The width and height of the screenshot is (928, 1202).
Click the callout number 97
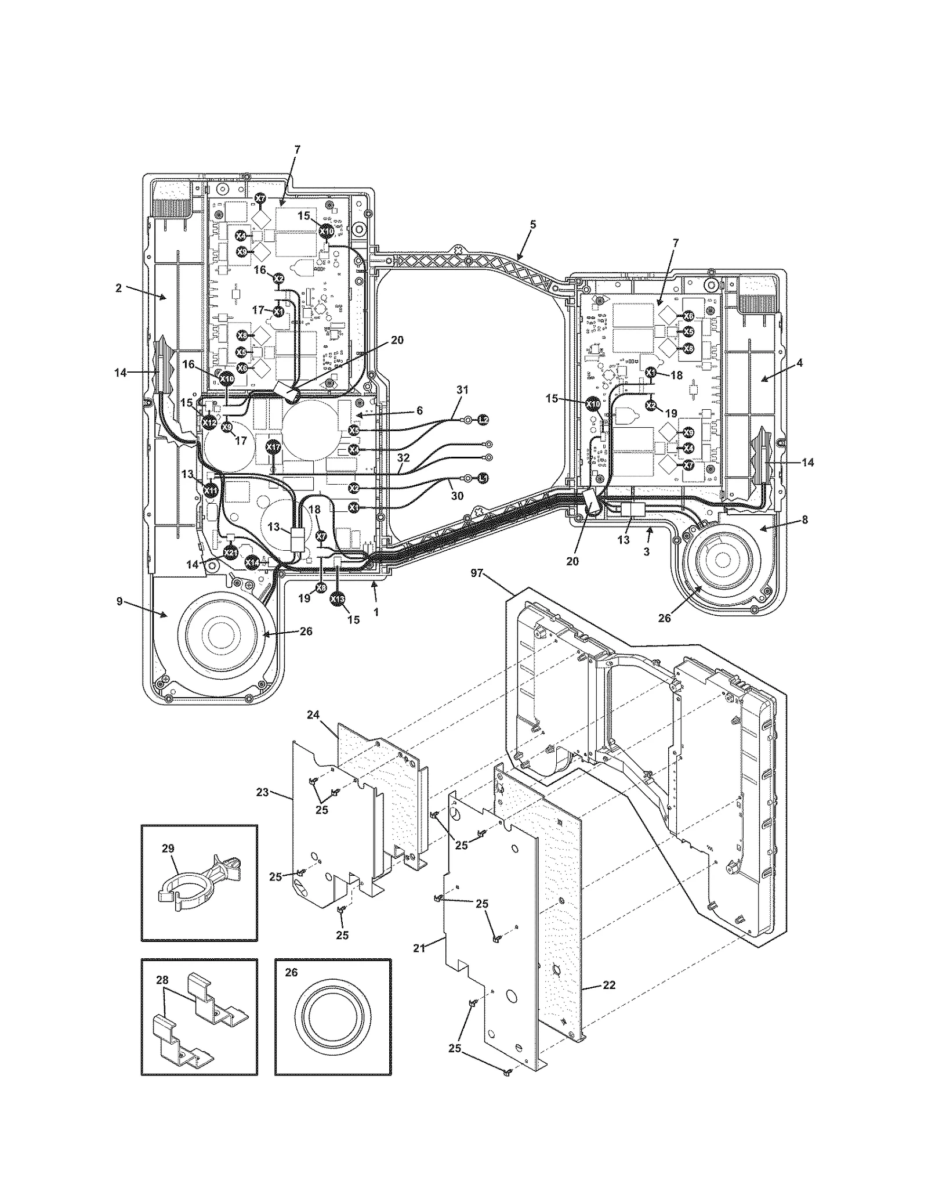[477, 573]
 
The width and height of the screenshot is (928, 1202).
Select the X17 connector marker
[273, 447]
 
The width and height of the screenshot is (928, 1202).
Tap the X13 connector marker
[337, 599]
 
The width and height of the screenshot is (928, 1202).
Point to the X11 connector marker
[212, 490]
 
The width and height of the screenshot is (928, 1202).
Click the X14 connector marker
[252, 562]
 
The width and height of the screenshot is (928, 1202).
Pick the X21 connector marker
[230, 552]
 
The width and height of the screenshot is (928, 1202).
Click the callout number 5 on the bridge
[533, 223]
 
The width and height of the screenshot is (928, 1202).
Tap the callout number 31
[462, 391]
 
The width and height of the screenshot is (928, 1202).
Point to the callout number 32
[404, 457]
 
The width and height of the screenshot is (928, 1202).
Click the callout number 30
[457, 496]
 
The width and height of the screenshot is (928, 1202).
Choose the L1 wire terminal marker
[483, 478]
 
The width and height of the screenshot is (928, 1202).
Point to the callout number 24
[313, 715]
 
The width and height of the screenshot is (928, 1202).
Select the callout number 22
[609, 985]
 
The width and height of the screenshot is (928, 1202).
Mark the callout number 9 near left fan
[119, 601]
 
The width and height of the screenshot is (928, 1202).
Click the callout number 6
[419, 410]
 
